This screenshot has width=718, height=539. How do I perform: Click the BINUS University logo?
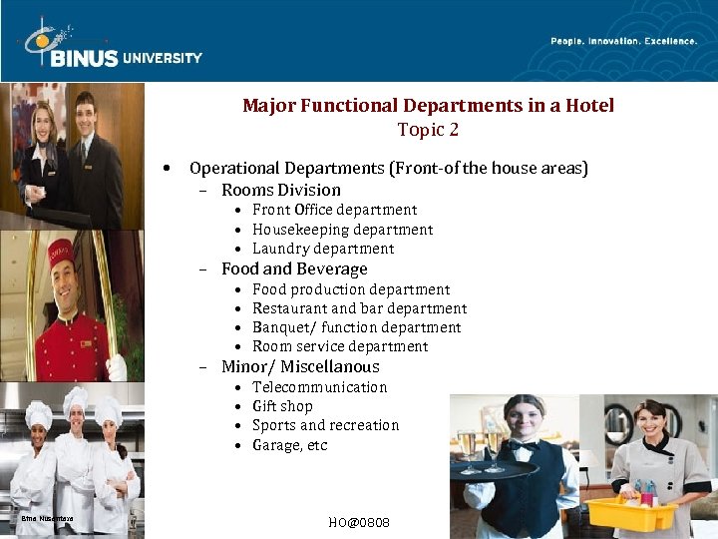point(112,46)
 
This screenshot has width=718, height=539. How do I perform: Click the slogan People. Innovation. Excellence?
point(623,41)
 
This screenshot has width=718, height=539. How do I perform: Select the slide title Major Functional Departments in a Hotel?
point(428,105)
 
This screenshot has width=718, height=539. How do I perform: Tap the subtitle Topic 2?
point(428,130)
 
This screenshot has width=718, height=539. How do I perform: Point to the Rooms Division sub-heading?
point(280,190)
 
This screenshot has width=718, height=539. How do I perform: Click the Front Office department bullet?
point(334,210)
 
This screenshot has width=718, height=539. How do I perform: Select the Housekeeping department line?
point(342,230)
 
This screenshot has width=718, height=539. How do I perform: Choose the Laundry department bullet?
point(323,249)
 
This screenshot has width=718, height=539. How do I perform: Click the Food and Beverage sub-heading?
point(294,269)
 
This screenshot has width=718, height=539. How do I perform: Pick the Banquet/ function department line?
point(356,327)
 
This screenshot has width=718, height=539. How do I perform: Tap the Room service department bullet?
point(340,346)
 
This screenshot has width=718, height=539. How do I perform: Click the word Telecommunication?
point(319,387)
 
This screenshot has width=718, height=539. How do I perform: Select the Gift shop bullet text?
point(282,406)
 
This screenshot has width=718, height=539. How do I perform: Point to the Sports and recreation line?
point(325,425)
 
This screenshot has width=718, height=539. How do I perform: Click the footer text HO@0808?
point(359,523)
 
